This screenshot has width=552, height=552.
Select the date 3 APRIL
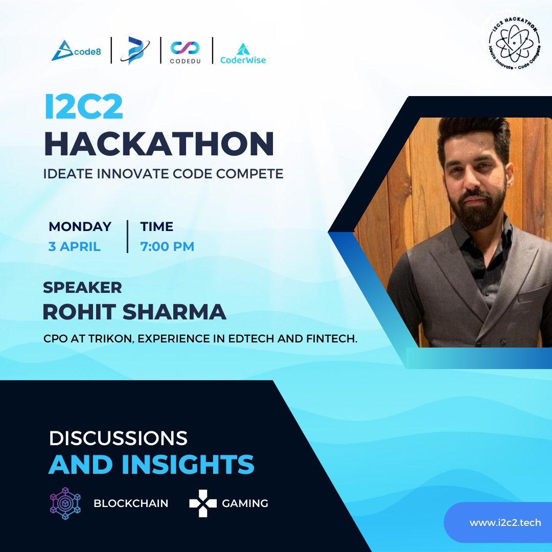pyautogui.click(x=75, y=246)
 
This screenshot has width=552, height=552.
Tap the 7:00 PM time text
pyautogui.click(x=167, y=246)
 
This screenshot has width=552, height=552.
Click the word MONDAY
pyautogui.click(x=80, y=226)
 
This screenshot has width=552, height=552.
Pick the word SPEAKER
pyautogui.click(x=82, y=287)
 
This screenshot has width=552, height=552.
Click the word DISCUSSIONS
pyautogui.click(x=118, y=438)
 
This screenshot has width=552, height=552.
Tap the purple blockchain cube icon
pyautogui.click(x=65, y=503)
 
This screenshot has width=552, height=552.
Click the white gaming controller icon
pyautogui.click(x=202, y=503)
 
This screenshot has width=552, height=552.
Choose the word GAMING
pyautogui.click(x=245, y=503)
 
